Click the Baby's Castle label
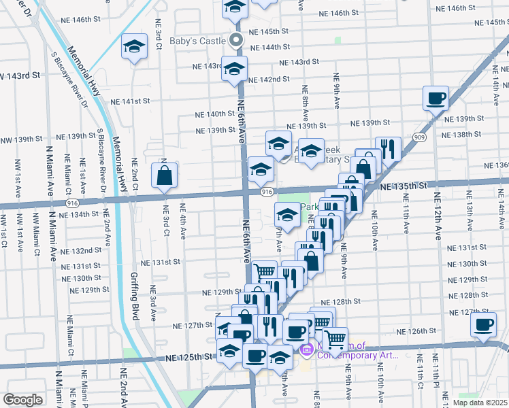(198, 41)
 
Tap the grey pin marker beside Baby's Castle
(236, 40)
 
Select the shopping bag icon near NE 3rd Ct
(165, 176)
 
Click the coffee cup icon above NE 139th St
(436, 99)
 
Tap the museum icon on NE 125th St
(306, 350)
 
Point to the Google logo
(22, 400)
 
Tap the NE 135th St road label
(404, 186)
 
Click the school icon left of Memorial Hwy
(134, 48)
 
